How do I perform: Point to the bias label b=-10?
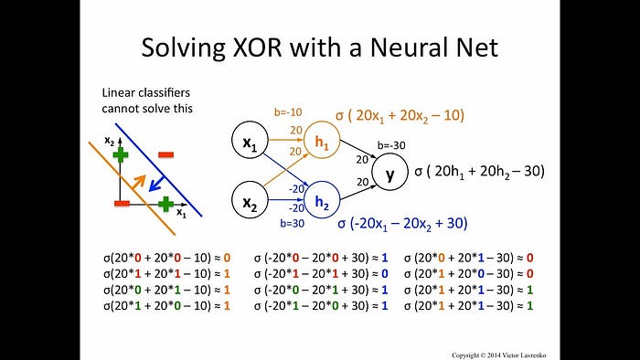click(288, 112)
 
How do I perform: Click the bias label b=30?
click(293, 224)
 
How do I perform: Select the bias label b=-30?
click(391, 145)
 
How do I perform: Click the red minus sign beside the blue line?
click(166, 154)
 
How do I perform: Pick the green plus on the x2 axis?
click(121, 155)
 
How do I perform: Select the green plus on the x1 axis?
click(165, 204)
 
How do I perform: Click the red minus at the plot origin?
click(122, 203)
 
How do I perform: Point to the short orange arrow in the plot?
click(139, 182)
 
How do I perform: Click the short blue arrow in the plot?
click(156, 184)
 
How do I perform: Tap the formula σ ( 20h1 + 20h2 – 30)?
click(480, 171)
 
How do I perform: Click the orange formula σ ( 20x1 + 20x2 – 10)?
click(400, 116)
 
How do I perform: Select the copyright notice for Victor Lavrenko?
click(499, 355)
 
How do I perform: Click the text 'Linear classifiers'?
click(145, 93)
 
